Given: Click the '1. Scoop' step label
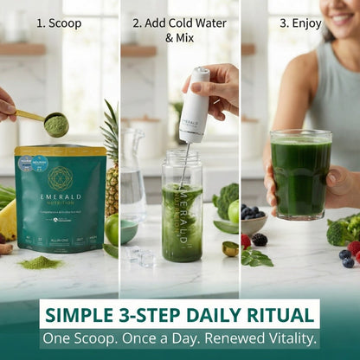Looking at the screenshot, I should point(60,23).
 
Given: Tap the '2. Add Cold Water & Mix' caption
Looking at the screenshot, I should point(179,30).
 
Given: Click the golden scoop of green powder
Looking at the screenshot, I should point(55,124).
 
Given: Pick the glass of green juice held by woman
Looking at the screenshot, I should point(300,174).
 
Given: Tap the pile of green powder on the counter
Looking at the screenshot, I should point(41,261).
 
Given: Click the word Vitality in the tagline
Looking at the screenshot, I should point(287,338).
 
